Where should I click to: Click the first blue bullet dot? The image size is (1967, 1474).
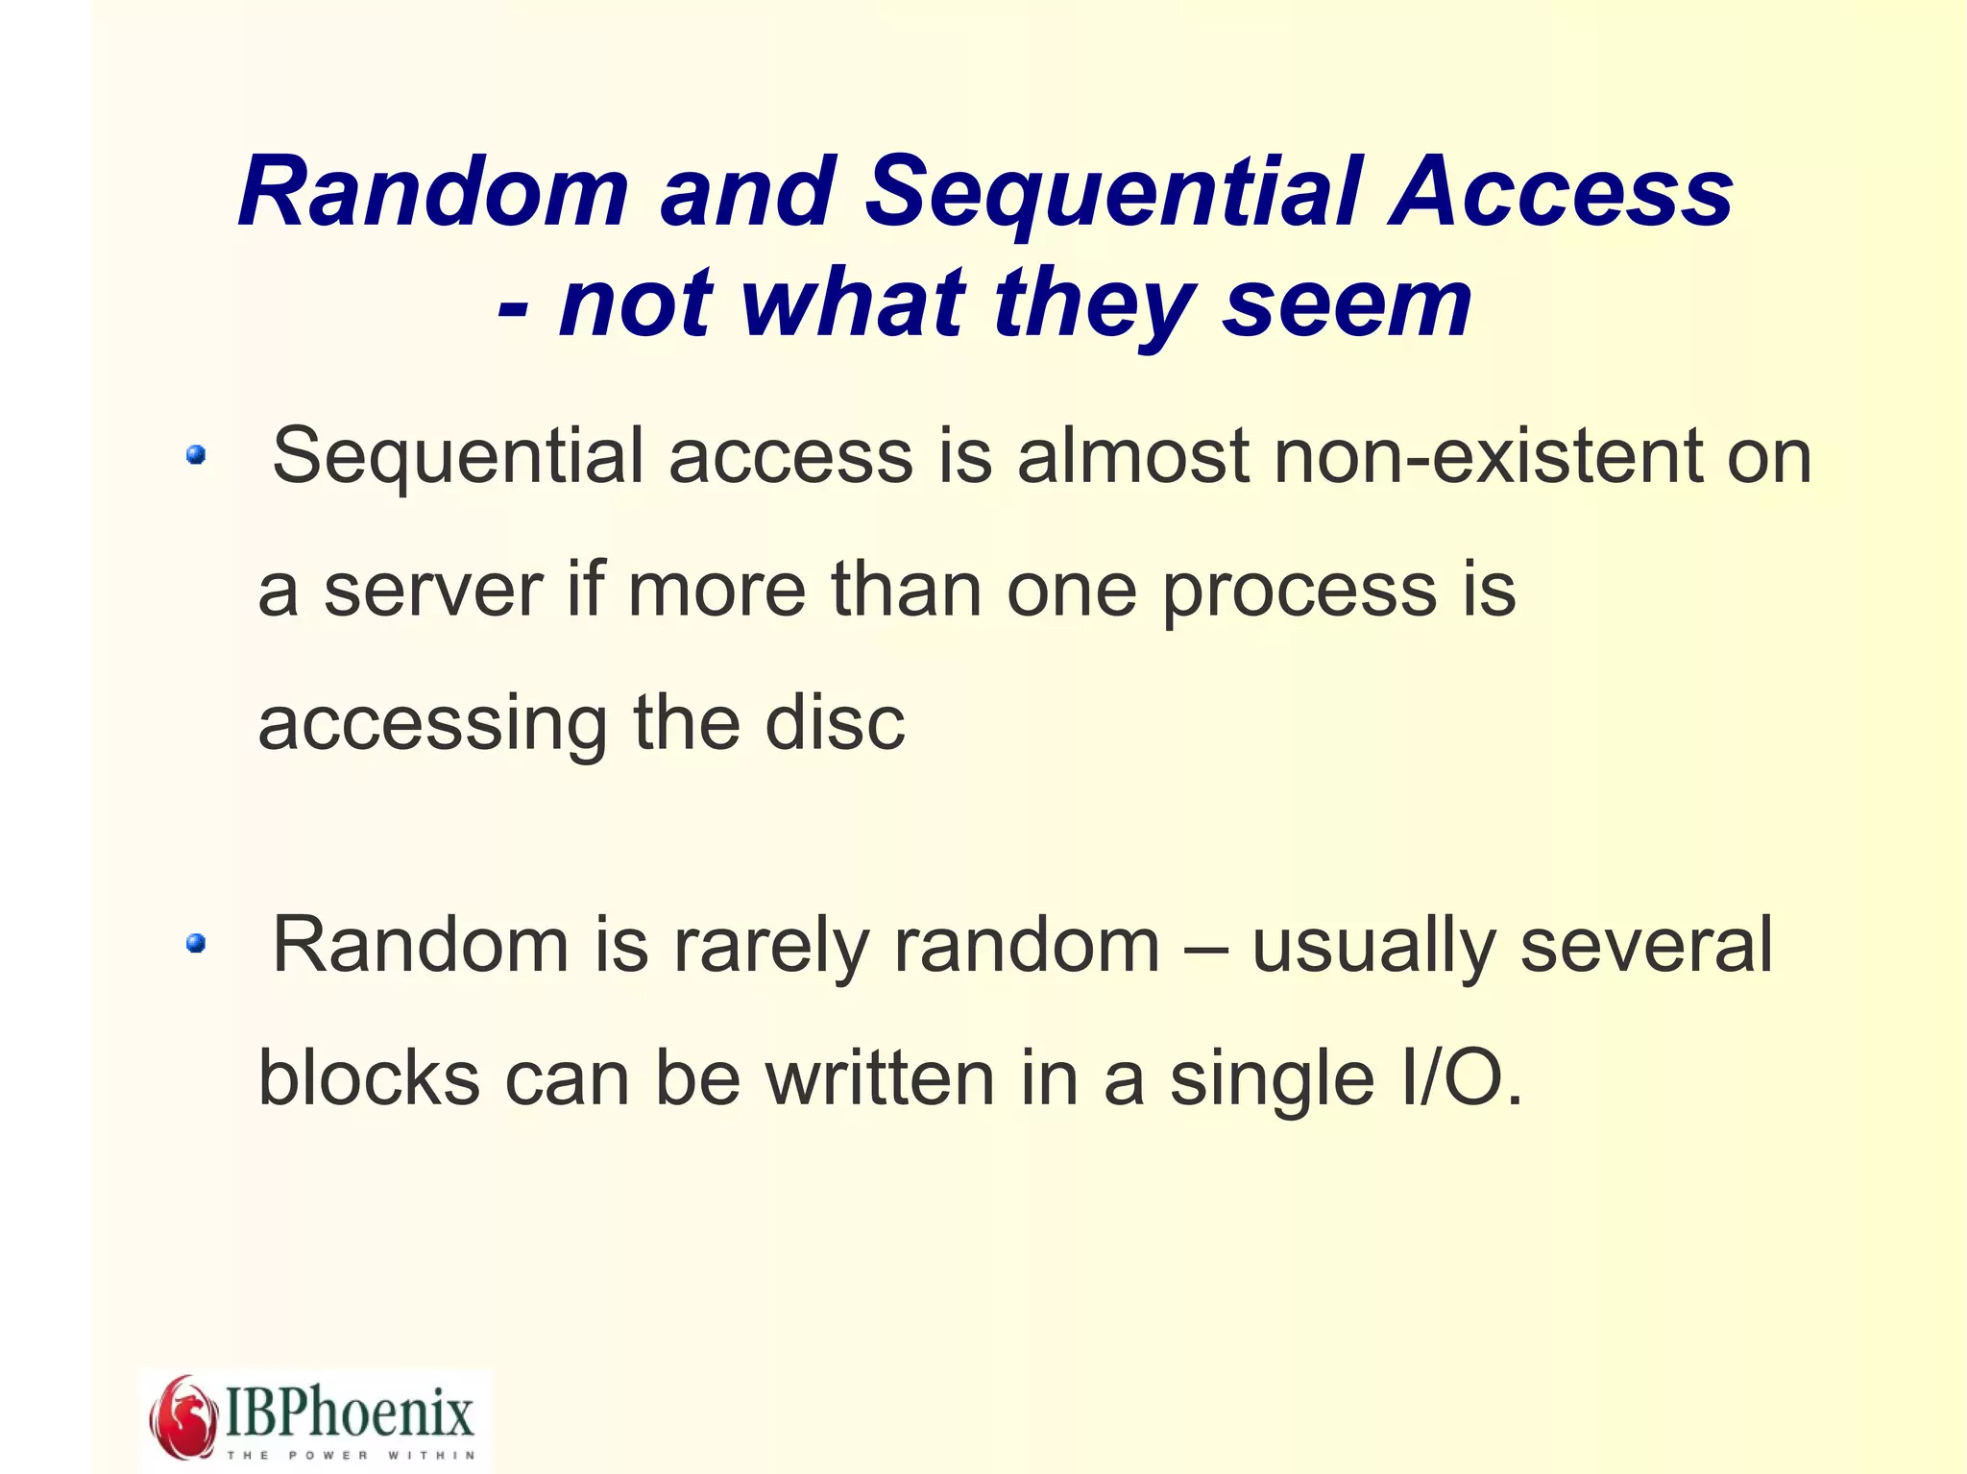click(196, 455)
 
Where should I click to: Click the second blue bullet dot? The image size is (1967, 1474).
click(196, 944)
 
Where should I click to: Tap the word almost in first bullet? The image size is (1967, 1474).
click(1133, 456)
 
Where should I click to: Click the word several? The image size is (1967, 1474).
click(1646, 946)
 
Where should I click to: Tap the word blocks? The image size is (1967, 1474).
click(369, 1078)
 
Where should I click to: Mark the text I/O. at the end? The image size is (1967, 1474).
click(1462, 1078)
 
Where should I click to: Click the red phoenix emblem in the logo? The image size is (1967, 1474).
click(184, 1415)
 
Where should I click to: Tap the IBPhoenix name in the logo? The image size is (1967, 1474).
click(350, 1412)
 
